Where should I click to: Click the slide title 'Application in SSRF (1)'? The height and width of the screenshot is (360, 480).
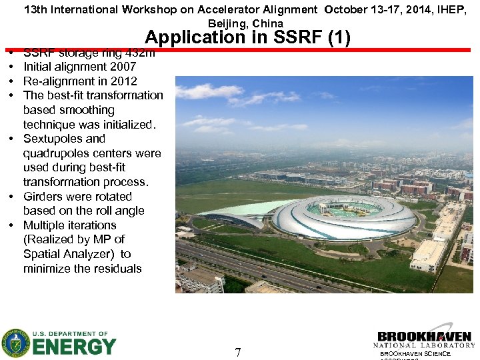coord(247,37)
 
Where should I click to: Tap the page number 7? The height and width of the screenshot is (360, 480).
coord(238,352)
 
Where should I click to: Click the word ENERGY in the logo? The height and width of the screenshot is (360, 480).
coord(74,347)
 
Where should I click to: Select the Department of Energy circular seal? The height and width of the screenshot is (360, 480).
coord(15,343)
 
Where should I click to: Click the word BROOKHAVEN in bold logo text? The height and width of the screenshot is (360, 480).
coord(424,337)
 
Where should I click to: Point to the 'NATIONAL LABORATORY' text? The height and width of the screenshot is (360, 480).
coord(424,345)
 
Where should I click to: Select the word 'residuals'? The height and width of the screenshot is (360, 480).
coord(116,269)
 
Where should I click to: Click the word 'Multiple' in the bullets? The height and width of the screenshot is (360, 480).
coord(45,225)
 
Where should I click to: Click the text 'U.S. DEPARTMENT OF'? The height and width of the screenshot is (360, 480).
coord(70,334)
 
